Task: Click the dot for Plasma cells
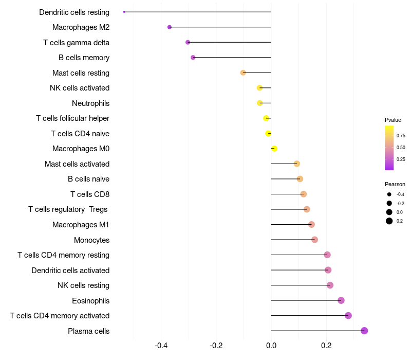point(364,331)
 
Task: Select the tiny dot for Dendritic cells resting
point(124,12)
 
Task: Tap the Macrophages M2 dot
point(170,27)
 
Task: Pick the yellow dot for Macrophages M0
point(274,149)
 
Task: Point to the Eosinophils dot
point(341,300)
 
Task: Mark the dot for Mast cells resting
point(243,73)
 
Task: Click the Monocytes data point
point(314,240)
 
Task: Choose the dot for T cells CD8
point(303,194)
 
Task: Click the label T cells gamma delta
point(76,43)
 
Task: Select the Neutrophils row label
point(91,103)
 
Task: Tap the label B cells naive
point(88,179)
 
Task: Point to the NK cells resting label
point(83,285)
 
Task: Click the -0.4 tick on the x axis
point(161,345)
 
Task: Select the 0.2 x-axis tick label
point(326,345)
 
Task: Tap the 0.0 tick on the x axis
point(271,345)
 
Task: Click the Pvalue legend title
point(393,120)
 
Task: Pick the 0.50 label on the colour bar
point(401,148)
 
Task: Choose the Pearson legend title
point(395,184)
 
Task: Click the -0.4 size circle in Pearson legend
point(389,194)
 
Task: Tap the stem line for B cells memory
point(232,57)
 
